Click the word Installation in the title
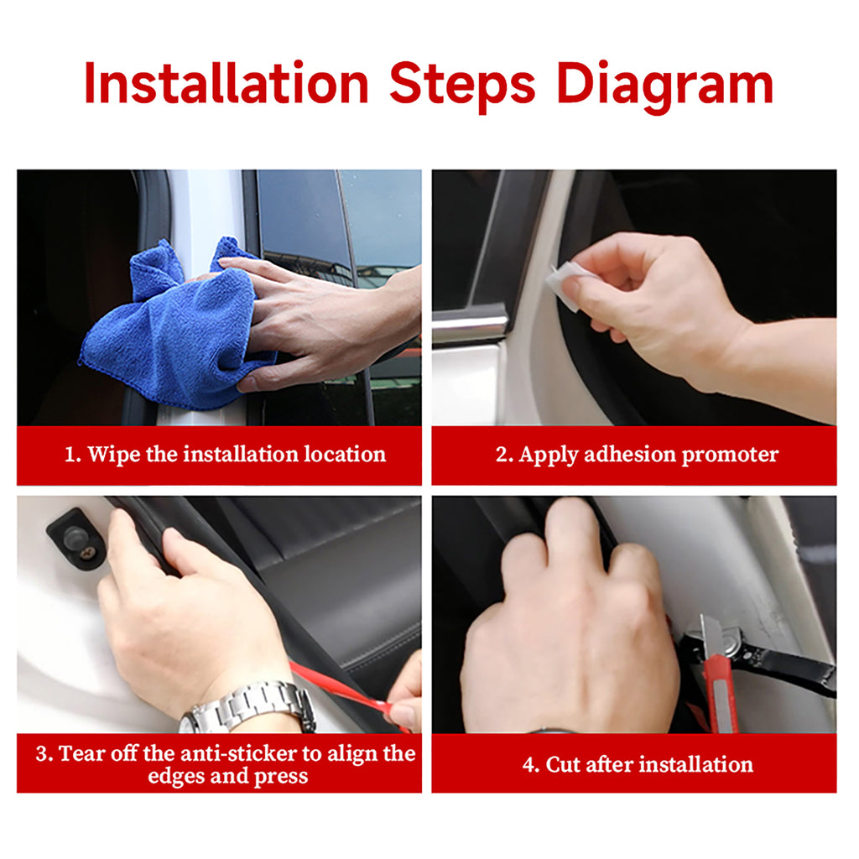[x=226, y=84]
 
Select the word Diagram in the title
[x=664, y=84]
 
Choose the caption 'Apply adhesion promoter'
[x=637, y=455]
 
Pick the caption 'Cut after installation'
[x=637, y=764]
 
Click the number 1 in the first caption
[x=70, y=455]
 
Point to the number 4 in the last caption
[x=528, y=764]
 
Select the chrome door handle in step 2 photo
[x=470, y=325]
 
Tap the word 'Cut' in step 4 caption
[x=565, y=764]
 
